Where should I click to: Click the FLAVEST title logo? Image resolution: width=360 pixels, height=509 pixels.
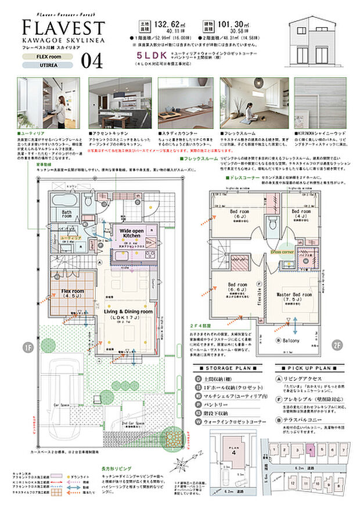(x=64, y=27)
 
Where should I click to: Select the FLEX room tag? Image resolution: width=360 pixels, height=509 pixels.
(x=46, y=57)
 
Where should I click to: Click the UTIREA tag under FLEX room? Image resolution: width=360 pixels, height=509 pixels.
(x=46, y=66)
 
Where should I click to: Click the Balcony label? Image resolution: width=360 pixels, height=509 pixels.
(x=290, y=341)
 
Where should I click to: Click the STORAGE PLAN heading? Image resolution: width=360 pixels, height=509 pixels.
(x=228, y=368)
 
